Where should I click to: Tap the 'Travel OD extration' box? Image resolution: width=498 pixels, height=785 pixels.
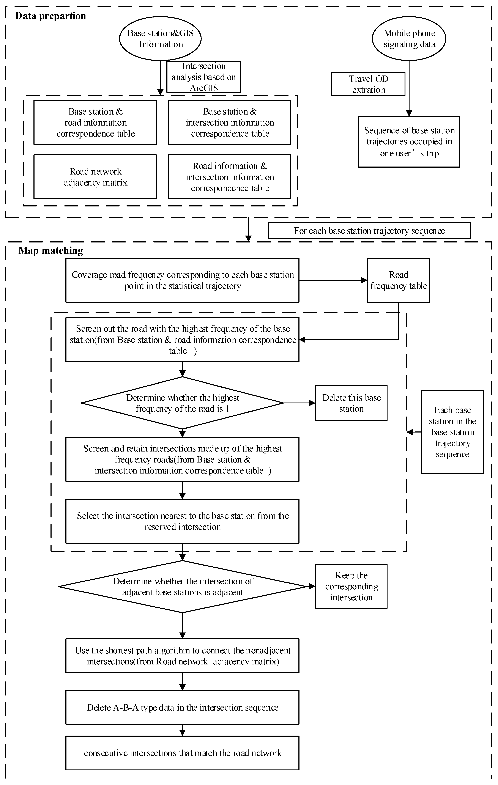click(x=368, y=84)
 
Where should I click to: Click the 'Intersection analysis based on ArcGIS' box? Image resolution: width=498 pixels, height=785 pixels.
click(x=203, y=77)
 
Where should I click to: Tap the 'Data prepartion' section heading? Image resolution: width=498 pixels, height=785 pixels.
click(x=50, y=16)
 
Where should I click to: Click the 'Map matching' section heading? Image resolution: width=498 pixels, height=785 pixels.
click(x=51, y=250)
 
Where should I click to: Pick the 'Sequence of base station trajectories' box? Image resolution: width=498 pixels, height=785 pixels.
click(x=409, y=142)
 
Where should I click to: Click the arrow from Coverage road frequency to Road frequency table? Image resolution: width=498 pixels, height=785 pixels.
click(x=333, y=280)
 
